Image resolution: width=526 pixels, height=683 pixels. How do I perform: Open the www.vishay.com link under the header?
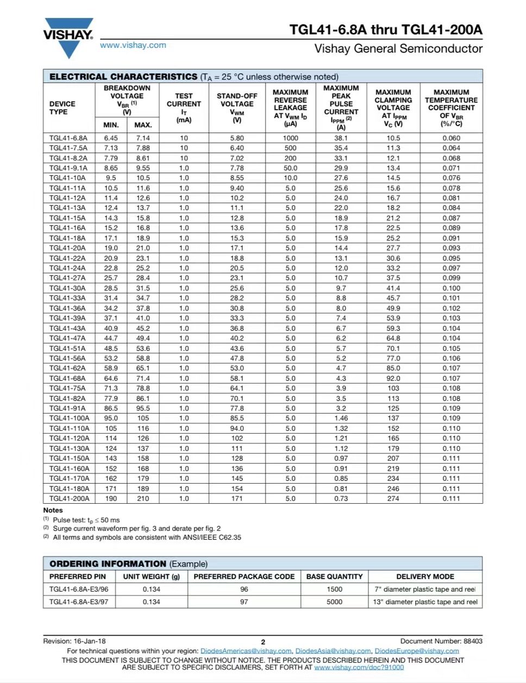[x=133, y=45]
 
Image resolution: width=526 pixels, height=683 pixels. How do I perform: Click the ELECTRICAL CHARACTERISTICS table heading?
[x=123, y=77]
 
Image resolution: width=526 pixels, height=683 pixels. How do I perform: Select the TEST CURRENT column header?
[x=184, y=104]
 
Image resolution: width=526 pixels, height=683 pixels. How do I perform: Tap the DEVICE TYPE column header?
[x=62, y=108]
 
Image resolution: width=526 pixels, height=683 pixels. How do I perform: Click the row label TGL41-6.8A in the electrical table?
[x=68, y=138]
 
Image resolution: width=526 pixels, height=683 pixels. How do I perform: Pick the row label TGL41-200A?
[x=69, y=498]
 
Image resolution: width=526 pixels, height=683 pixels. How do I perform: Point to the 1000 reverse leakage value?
[x=290, y=138]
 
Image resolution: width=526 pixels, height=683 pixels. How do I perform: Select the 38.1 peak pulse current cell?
[x=341, y=138]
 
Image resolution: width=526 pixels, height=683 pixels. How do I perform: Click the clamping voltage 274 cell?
[x=393, y=498]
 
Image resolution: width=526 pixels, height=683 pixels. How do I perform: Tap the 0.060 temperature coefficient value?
[x=451, y=138]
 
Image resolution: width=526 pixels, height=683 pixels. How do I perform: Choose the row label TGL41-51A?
[x=67, y=348]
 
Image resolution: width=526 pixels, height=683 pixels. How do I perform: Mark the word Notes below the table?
[x=53, y=510]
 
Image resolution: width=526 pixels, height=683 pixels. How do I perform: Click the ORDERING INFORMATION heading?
[x=108, y=563]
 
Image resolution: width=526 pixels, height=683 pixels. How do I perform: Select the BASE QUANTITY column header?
[x=334, y=577]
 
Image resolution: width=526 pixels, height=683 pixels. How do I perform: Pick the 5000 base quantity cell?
[x=335, y=601]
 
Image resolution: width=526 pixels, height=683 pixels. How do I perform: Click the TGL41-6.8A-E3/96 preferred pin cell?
[x=79, y=589]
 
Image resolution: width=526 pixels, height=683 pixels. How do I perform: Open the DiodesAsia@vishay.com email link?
[x=333, y=651]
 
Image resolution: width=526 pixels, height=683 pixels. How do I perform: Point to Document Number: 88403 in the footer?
[x=441, y=641]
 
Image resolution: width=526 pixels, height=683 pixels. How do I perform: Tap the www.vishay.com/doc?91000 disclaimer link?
[x=359, y=667]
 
